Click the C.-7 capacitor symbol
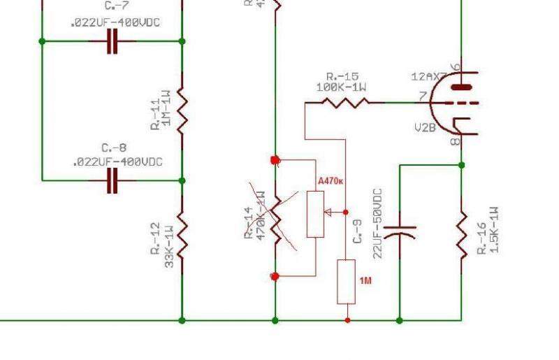(112, 42)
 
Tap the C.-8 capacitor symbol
(112, 180)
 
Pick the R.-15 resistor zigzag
(344, 103)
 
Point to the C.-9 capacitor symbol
(400, 231)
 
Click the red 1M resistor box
(347, 281)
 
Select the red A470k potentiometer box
(316, 213)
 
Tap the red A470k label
(331, 182)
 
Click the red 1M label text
(365, 280)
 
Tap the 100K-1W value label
(342, 87)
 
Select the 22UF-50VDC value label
(377, 223)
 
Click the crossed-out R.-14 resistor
(275, 218)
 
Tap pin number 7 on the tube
(423, 96)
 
